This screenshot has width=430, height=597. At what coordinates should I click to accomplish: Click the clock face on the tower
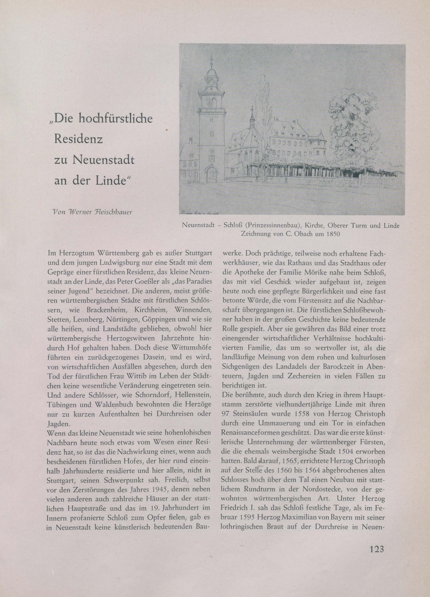(212, 82)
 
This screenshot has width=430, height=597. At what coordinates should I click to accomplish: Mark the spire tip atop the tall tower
(212, 56)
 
